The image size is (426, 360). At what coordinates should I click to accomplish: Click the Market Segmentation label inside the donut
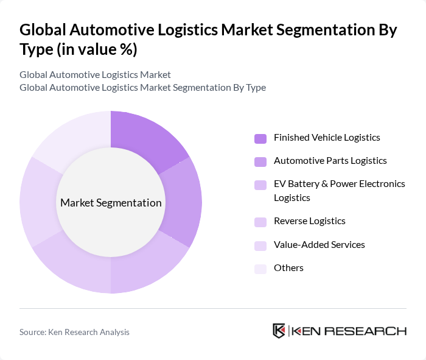pyautogui.click(x=111, y=203)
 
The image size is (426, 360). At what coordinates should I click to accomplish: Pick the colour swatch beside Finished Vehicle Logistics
pyautogui.click(x=260, y=138)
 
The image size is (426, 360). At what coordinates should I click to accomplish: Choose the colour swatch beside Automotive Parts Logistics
pyautogui.click(x=260, y=161)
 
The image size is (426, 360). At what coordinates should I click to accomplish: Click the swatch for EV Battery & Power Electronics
pyautogui.click(x=260, y=185)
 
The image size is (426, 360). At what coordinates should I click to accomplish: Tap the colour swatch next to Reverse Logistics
pyautogui.click(x=260, y=222)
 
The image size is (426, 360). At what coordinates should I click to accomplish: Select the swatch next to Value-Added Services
pyautogui.click(x=260, y=245)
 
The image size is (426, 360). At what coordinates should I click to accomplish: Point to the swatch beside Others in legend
pyautogui.click(x=260, y=269)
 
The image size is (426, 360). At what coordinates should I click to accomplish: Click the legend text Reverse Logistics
pyautogui.click(x=310, y=221)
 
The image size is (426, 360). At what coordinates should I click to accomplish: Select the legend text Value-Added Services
pyautogui.click(x=319, y=244)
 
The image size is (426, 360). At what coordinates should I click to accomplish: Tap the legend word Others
pyautogui.click(x=288, y=267)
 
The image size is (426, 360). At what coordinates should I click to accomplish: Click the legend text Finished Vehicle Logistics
pyautogui.click(x=327, y=137)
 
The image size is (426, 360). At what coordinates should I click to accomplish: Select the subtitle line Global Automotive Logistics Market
pyautogui.click(x=95, y=74)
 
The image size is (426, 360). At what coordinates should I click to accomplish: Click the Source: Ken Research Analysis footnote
pyautogui.click(x=74, y=332)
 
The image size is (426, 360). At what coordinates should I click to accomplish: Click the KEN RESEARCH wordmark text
pyautogui.click(x=349, y=331)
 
